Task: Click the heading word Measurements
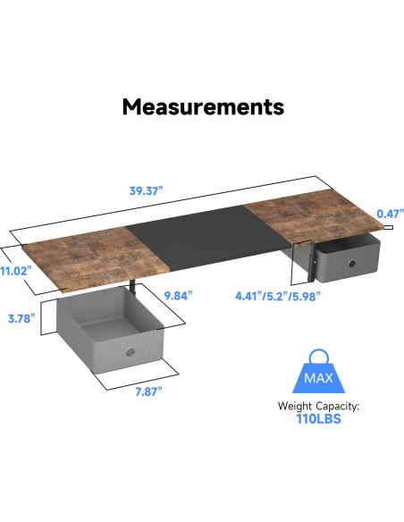(202, 107)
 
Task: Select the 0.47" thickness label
(387, 214)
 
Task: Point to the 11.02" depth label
(15, 269)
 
